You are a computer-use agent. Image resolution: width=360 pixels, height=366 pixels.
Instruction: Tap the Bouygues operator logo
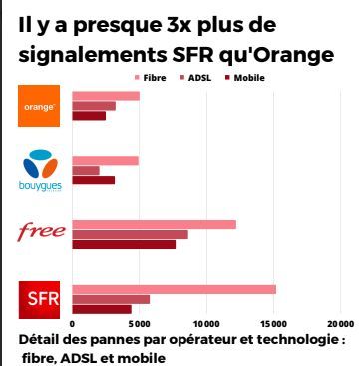pos(40,169)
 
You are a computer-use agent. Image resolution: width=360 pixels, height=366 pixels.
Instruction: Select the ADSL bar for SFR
pos(111,299)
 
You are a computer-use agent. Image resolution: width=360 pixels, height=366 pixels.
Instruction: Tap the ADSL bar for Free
pos(130,234)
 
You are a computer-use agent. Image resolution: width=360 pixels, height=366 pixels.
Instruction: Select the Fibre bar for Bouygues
pos(105,160)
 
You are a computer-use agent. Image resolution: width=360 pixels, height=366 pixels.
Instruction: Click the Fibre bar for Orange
pos(106,95)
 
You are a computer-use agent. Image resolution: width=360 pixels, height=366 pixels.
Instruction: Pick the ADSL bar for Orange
pos(94,106)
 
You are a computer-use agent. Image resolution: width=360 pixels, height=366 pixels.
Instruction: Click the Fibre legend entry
pos(149,77)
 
